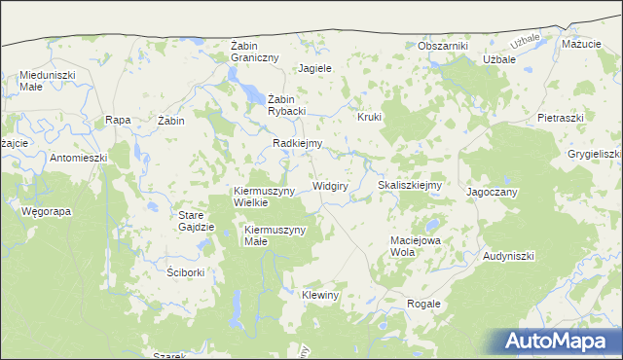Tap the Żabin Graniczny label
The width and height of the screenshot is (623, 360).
[x=255, y=52]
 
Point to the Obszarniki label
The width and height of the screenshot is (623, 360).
[x=443, y=46]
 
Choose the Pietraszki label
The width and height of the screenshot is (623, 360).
[x=560, y=118]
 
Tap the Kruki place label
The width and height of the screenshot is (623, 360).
[x=370, y=117]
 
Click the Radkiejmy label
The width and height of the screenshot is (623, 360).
[x=298, y=143]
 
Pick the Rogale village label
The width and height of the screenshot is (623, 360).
[x=423, y=304]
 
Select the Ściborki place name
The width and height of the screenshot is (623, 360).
[x=185, y=272]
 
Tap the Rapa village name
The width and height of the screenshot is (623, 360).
[x=118, y=120]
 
